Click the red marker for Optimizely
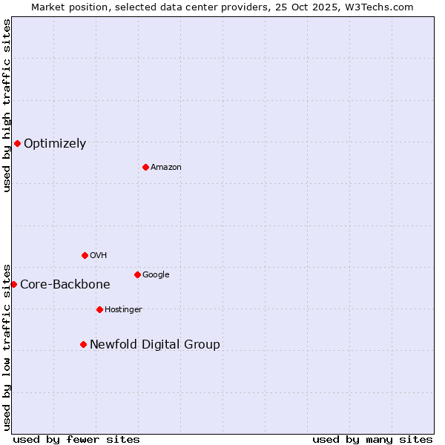pyautogui.click(x=17, y=143)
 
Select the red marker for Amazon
pyautogui.click(x=145, y=167)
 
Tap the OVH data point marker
pyautogui.click(x=85, y=255)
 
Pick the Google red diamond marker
pyautogui.click(x=137, y=274)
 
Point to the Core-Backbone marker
pyautogui.click(x=13, y=284)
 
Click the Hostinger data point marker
pyautogui.click(x=99, y=309)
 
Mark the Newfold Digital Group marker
pyautogui.click(x=83, y=344)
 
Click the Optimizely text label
pyautogui.click(x=55, y=144)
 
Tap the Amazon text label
pyautogui.click(x=166, y=168)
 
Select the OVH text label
pyautogui.click(x=99, y=256)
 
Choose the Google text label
pyautogui.click(x=156, y=275)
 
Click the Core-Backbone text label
pyautogui.click(x=65, y=285)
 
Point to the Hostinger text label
pyautogui.click(x=123, y=310)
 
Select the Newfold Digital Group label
pyautogui.click(x=155, y=345)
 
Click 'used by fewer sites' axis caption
pyautogui.click(x=76, y=439)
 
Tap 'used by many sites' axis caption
pyautogui.click(x=372, y=439)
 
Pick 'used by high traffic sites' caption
pyautogui.click(x=7, y=105)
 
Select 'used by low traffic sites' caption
pyautogui.click(x=7, y=346)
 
